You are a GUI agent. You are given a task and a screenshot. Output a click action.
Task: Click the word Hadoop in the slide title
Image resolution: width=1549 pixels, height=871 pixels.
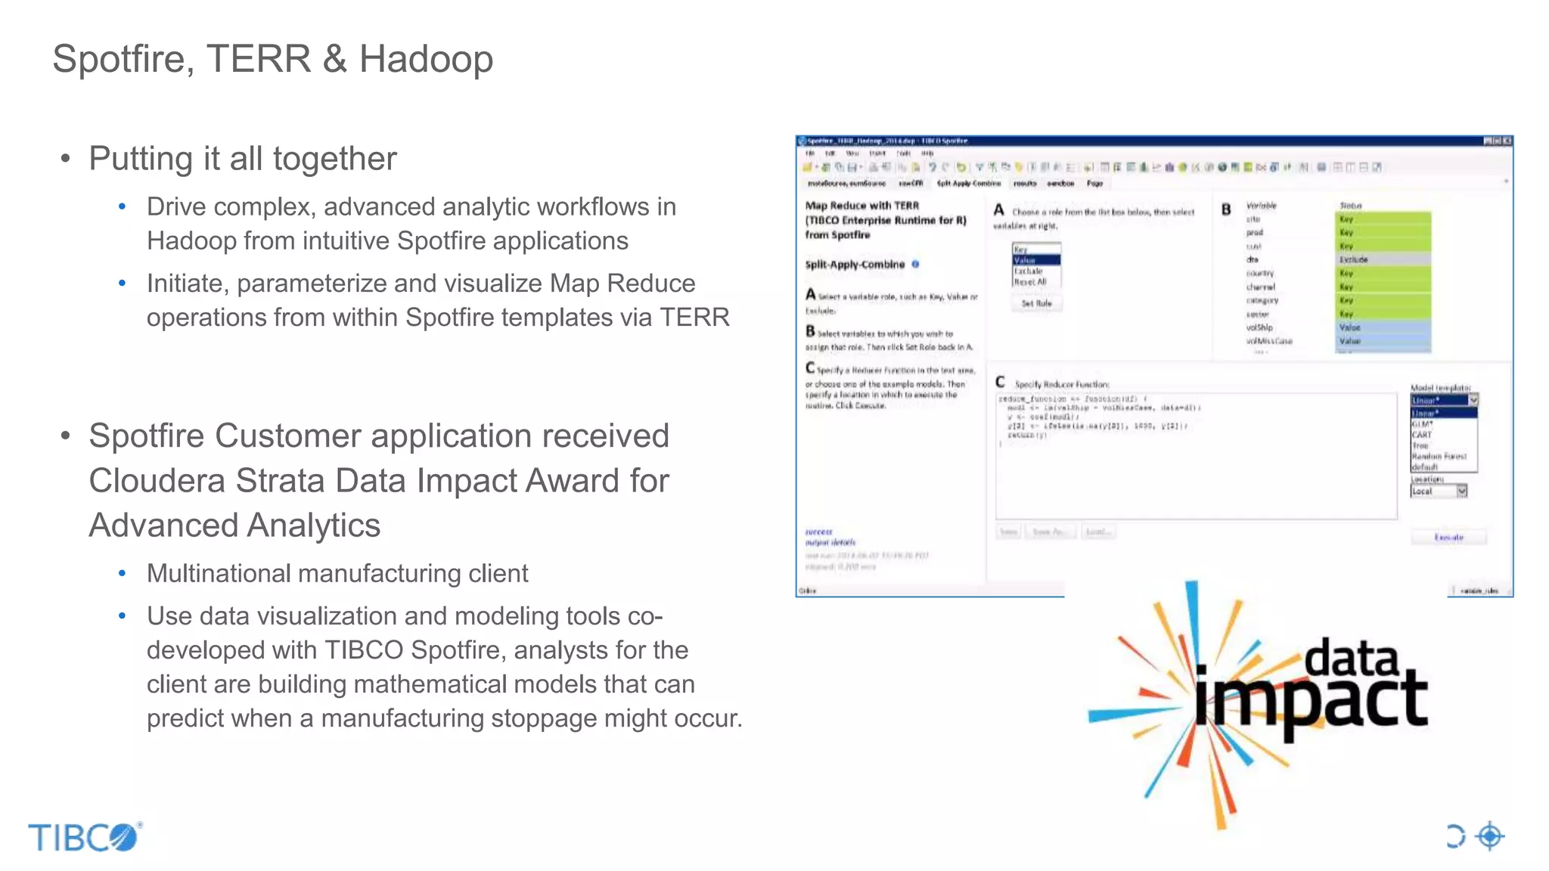point(426,59)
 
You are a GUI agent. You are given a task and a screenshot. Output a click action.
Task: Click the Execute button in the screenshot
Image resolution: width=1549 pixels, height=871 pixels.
point(1448,538)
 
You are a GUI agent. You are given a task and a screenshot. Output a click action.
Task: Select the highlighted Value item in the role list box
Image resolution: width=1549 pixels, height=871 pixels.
point(1035,260)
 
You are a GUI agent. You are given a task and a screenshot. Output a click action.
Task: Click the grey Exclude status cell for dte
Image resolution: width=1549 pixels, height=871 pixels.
point(1383,259)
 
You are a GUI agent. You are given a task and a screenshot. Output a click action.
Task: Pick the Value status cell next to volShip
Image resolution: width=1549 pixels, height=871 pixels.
point(1383,327)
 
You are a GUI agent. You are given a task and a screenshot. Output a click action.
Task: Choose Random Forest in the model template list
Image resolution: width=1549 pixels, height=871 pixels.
point(1439,457)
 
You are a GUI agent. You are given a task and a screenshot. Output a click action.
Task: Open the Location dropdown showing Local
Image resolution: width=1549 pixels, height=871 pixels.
point(1461,491)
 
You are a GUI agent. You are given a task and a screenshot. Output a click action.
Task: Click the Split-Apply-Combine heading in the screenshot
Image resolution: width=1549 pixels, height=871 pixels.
point(855,265)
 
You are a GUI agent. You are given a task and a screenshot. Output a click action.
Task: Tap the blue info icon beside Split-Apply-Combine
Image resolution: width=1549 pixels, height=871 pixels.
point(915,264)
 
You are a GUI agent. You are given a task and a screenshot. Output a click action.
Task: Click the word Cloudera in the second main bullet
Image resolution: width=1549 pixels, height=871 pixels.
point(157,481)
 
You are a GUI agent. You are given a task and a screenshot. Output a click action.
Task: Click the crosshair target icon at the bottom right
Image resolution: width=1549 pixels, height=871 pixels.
point(1490,836)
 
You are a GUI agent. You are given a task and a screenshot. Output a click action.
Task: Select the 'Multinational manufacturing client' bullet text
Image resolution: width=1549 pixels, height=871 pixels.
point(337,574)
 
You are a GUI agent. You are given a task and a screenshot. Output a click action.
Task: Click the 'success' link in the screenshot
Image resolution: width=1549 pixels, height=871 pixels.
point(818,532)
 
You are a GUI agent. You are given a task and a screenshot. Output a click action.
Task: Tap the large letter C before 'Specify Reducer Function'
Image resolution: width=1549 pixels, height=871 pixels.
point(1000,383)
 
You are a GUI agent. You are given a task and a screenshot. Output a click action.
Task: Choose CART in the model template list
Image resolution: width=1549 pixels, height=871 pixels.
point(1422,435)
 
